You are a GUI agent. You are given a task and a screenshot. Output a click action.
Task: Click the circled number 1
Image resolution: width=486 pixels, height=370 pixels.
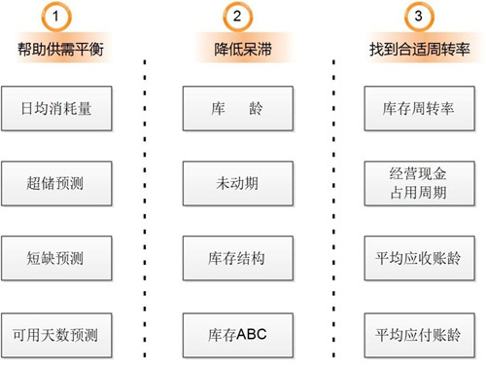coord(56,17)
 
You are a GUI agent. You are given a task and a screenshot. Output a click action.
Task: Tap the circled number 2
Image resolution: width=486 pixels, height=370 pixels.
coord(237,17)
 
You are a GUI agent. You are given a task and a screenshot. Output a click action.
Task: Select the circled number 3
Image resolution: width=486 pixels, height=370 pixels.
coord(419,17)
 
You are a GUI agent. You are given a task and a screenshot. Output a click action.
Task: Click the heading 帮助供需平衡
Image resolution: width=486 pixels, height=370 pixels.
coord(60,50)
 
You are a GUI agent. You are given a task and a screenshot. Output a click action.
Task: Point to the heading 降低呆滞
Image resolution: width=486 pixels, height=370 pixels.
coord(243,50)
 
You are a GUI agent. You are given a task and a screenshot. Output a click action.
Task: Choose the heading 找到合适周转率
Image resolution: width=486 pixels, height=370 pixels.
coord(420,50)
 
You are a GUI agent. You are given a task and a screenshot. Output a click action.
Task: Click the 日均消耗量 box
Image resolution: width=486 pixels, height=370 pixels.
coord(56,108)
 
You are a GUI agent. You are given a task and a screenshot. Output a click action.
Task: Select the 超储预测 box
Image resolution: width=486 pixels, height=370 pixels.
coord(56,183)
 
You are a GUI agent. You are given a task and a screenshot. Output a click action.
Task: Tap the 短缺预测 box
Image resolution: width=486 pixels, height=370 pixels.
coord(56,258)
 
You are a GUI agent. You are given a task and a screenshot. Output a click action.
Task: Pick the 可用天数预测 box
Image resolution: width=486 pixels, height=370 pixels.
coord(56,335)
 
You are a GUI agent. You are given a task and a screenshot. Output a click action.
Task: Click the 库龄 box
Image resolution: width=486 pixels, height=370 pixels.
coord(238,108)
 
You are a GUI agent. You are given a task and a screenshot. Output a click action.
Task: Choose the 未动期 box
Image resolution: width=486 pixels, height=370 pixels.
coord(238,183)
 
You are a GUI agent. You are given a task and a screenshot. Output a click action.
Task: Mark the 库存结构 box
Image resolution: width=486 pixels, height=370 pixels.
coord(238,258)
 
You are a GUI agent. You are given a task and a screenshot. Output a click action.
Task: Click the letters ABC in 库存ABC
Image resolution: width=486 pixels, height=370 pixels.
coord(252,335)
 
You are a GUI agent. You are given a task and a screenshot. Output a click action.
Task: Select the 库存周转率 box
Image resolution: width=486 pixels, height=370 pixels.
coord(420,108)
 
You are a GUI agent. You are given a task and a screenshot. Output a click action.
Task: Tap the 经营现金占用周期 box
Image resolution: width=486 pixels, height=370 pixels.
coord(420,183)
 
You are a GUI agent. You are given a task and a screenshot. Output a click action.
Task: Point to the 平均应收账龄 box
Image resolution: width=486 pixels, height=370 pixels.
coord(420,258)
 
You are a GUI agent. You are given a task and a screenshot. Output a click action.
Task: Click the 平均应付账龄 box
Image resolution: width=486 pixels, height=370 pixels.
coord(420,335)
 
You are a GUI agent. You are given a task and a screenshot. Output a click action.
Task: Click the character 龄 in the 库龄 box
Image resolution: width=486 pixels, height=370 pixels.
coord(256,108)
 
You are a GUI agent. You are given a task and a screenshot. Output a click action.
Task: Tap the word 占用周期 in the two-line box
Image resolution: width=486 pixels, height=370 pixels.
coord(419,193)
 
